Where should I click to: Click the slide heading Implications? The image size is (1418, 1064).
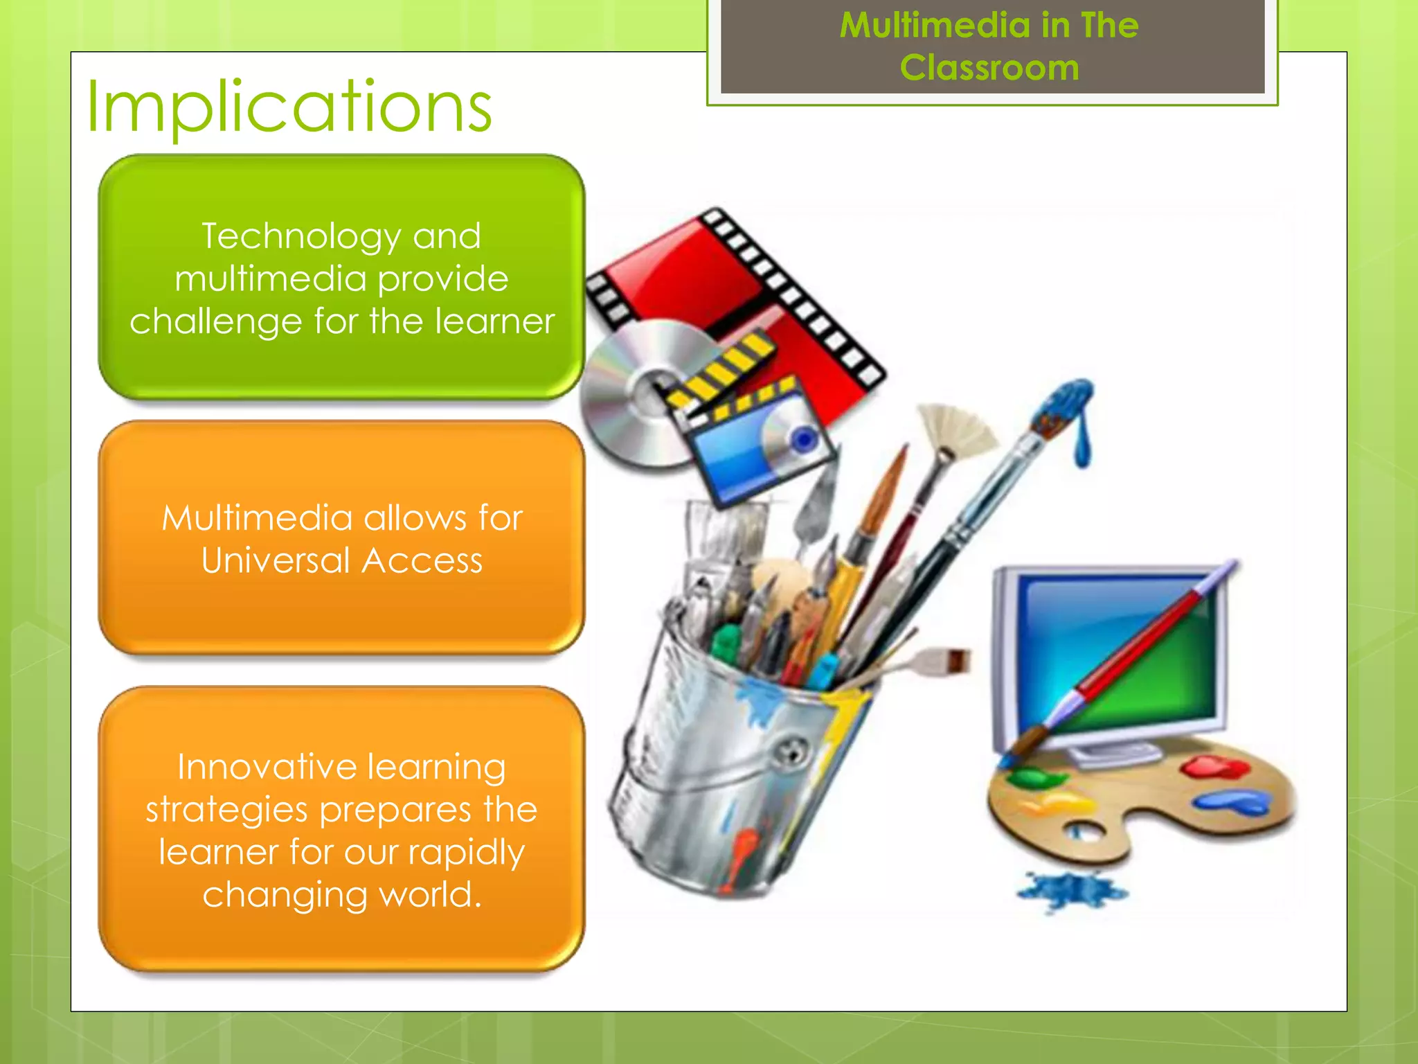tap(289, 107)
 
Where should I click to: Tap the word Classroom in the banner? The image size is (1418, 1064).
tap(989, 68)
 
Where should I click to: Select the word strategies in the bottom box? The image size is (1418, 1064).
tap(226, 810)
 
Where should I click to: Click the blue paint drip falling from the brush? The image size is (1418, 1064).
tap(1082, 443)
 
